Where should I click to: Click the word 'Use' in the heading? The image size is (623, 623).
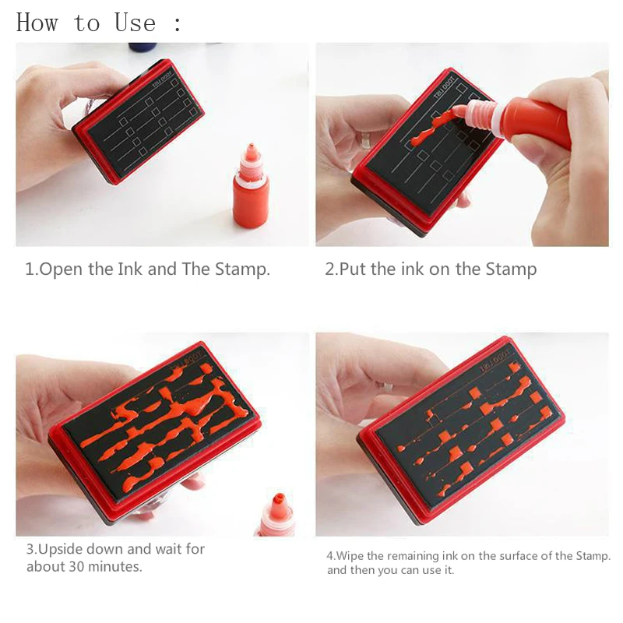coord(135,23)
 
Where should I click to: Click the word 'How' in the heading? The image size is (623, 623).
coord(37,23)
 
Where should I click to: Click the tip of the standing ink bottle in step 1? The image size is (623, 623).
coord(251,145)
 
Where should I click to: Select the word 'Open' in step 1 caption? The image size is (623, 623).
coord(62,269)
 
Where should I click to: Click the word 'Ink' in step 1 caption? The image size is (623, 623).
coord(130,269)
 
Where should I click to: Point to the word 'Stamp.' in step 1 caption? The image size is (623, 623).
coord(242,269)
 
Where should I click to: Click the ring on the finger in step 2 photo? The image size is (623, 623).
coord(365,141)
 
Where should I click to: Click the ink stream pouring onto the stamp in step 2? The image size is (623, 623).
coord(436,126)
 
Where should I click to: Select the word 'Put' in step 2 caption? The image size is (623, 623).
coord(354,269)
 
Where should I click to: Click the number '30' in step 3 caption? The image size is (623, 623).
coord(77,566)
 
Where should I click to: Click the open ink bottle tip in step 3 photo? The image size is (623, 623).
coord(279,498)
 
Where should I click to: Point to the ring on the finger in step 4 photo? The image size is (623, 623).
coord(387,387)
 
